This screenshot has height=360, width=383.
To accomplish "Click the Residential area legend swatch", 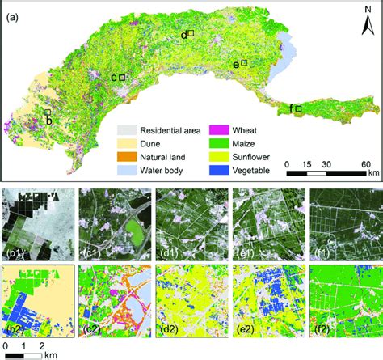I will pyautogui.click(x=127, y=129).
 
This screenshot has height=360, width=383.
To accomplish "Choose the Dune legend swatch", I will pyautogui.click(x=127, y=143).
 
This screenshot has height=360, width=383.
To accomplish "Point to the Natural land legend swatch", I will pyautogui.click(x=127, y=157).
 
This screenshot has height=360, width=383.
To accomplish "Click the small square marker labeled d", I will pyautogui.click(x=191, y=33).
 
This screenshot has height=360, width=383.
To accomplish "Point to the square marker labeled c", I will pyautogui.click(x=122, y=78).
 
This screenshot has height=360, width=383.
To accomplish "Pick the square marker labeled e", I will pyautogui.click(x=244, y=62).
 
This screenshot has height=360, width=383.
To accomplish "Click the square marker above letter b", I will pyautogui.click(x=48, y=113).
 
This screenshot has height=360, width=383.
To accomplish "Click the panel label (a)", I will pyautogui.click(x=14, y=11).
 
